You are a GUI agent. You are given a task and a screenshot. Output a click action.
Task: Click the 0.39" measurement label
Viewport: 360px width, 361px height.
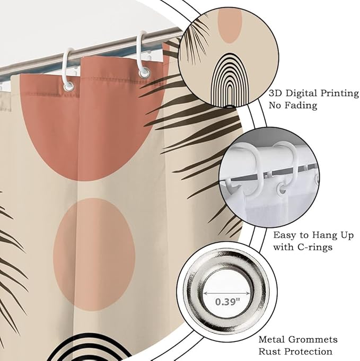pyautogui.click(x=227, y=302)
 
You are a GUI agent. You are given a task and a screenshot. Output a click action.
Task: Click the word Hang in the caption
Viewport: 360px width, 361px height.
pyautogui.click(x=324, y=235)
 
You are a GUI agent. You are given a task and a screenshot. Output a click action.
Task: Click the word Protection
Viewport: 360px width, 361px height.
pyautogui.click(x=308, y=351)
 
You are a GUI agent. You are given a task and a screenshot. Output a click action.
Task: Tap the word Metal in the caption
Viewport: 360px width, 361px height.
pyautogui.click(x=271, y=339)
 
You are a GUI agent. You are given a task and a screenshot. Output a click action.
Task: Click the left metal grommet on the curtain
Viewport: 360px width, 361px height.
pyautogui.click(x=68, y=87)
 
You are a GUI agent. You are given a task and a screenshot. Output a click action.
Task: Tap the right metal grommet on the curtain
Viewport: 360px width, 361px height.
pyautogui.click(x=144, y=73)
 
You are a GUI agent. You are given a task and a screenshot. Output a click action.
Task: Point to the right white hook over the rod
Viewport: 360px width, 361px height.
pyautogui.click(x=142, y=54)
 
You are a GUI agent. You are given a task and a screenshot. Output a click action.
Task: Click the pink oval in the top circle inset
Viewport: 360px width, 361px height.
pyautogui.click(x=230, y=26)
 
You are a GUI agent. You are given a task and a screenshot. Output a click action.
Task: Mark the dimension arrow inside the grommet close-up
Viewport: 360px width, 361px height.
pyautogui.click(x=226, y=293)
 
